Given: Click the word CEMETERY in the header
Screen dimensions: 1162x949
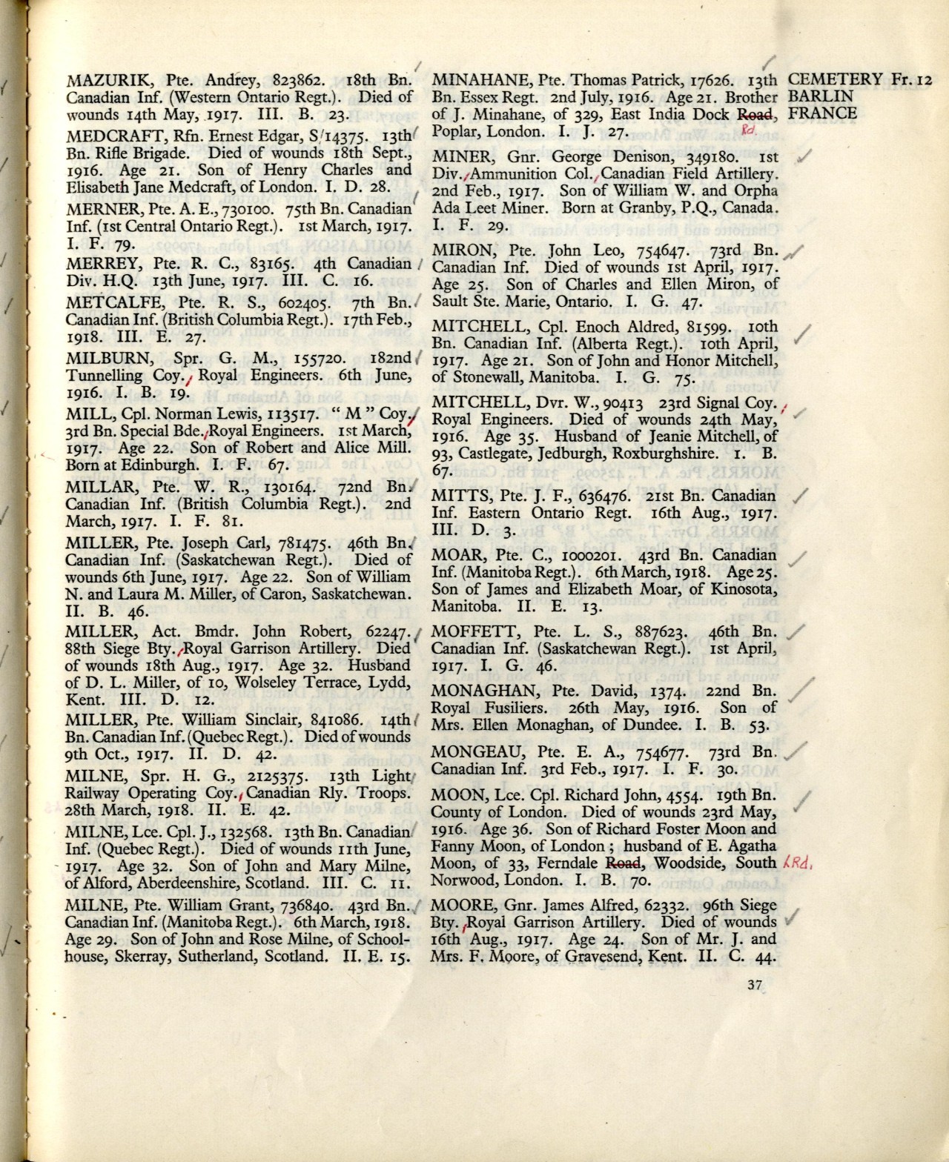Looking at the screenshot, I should pyautogui.click(x=834, y=79).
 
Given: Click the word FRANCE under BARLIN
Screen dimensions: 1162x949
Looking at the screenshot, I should pyautogui.click(x=822, y=113).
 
